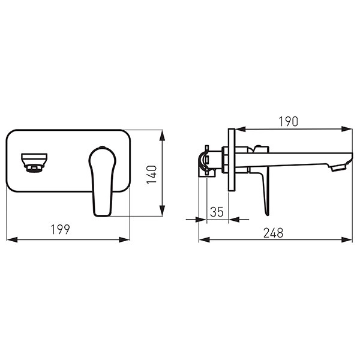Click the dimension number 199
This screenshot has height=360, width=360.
pyautogui.click(x=61, y=229)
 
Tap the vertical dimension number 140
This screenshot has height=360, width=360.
pyautogui.click(x=152, y=175)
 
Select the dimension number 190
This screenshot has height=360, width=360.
pyautogui.click(x=289, y=121)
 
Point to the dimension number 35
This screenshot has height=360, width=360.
pyautogui.click(x=217, y=212)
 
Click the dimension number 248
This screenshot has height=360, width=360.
pyautogui.click(x=274, y=233)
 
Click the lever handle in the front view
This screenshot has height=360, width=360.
pyautogui.click(x=103, y=181)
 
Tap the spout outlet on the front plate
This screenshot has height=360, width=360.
pyautogui.click(x=34, y=163)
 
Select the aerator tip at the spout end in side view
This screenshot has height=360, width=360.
pyautogui.click(x=338, y=168)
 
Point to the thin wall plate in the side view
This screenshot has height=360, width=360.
pyautogui.click(x=232, y=160)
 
